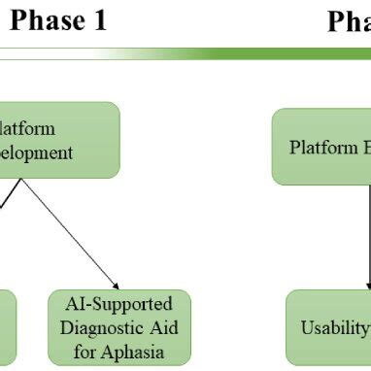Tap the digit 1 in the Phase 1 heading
coord(98,21)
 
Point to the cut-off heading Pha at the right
coord(349,21)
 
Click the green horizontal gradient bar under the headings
coord(243,53)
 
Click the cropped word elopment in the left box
coord(36,152)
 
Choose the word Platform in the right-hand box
coord(322,148)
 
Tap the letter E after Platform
coord(364,148)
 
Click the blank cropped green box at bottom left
coord(7,325)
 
